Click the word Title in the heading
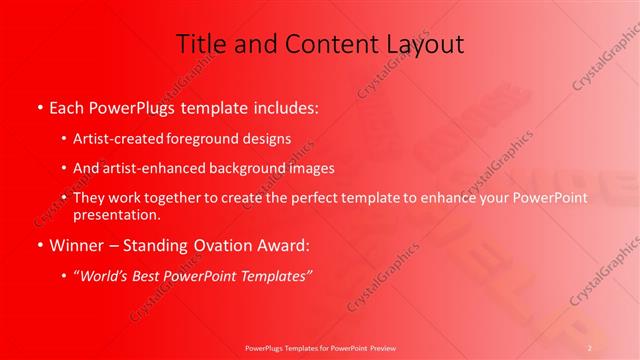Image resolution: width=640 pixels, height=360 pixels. click(200, 44)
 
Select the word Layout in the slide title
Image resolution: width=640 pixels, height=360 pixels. click(420, 44)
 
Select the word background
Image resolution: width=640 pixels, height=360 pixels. click(241, 168)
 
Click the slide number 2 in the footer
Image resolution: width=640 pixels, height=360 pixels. click(590, 347)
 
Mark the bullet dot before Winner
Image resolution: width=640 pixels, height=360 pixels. click(39, 244)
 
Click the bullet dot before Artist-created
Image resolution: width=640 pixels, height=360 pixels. click(63, 139)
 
